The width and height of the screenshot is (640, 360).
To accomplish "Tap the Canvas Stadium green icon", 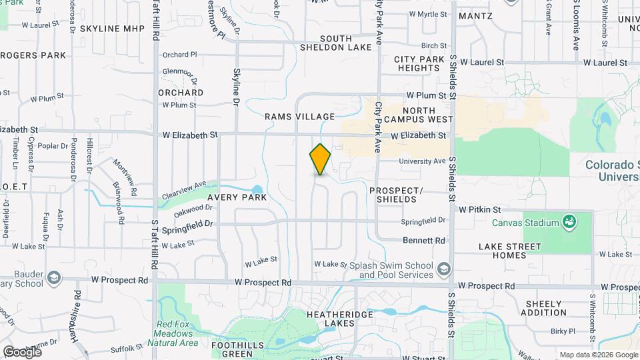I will tap(569, 221).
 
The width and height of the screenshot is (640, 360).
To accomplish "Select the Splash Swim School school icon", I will tap(443, 269).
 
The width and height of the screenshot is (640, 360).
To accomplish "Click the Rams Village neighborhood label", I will tap(299, 117).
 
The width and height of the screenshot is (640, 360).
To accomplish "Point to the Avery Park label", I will tap(237, 197).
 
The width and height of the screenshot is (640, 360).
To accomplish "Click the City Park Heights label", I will tap(419, 63).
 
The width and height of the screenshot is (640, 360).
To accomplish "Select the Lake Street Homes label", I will tap(511, 251).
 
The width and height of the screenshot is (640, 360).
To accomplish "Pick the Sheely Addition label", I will tap(544, 308).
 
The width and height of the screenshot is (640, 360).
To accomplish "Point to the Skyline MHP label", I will tap(112, 29).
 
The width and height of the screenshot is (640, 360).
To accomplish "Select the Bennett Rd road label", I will tap(423, 240).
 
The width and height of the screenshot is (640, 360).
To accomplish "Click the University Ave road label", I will tap(421, 161).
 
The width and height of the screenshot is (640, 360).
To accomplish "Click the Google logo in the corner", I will tap(23, 351).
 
